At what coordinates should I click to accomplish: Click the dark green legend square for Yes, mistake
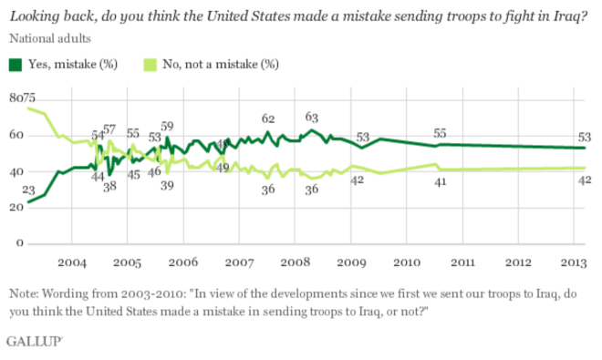[16, 64]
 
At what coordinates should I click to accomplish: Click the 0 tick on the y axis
[17, 244]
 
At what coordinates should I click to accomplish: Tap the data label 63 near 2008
[311, 117]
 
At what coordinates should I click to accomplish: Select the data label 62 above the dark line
[268, 118]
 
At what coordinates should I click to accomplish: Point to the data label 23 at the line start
[28, 190]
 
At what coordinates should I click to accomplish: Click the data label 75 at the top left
[29, 98]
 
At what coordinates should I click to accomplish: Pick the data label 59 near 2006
[168, 126]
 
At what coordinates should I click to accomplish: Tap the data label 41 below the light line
[439, 183]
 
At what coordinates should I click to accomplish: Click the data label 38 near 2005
[109, 186]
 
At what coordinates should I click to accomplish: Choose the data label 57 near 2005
[109, 129]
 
